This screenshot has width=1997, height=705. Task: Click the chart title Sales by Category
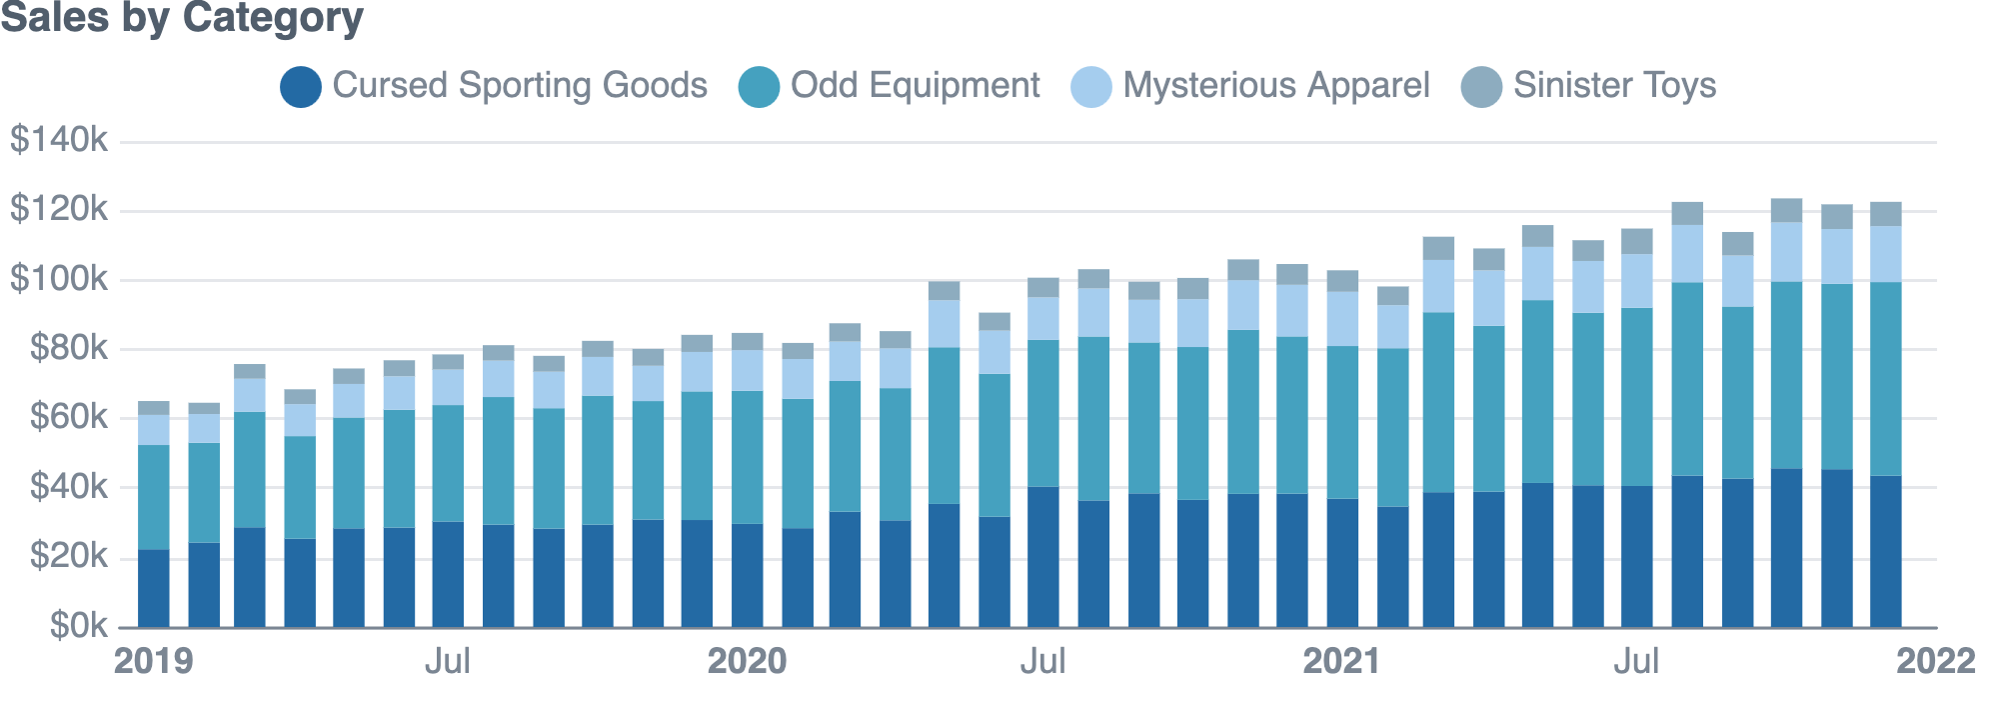[182, 18]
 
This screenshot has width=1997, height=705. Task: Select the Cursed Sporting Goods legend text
[519, 86]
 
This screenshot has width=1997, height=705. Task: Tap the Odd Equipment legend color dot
[759, 86]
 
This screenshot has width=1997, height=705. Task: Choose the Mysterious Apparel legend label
[1275, 86]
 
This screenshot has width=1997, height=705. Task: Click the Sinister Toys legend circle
[1481, 86]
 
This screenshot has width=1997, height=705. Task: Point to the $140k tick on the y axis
[58, 140]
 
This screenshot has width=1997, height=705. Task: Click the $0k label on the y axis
[78, 626]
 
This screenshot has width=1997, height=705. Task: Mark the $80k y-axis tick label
[68, 348]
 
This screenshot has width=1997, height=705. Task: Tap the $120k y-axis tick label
[58, 209]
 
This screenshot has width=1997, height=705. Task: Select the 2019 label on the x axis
[153, 662]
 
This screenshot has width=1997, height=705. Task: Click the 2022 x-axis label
[1935, 662]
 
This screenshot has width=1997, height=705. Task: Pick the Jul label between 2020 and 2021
[1042, 662]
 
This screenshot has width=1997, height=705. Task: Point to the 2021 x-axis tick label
[1341, 662]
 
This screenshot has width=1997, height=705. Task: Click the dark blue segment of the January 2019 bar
[153, 589]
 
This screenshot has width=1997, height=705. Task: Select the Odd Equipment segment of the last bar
[1885, 379]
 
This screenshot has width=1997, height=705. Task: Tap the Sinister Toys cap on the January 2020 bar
[747, 341]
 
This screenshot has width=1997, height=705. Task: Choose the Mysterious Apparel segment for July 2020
[1043, 318]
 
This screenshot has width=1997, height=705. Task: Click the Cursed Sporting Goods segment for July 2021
[1636, 556]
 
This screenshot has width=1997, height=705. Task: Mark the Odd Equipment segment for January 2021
[1341, 422]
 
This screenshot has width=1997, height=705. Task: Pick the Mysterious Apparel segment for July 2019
[448, 387]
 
